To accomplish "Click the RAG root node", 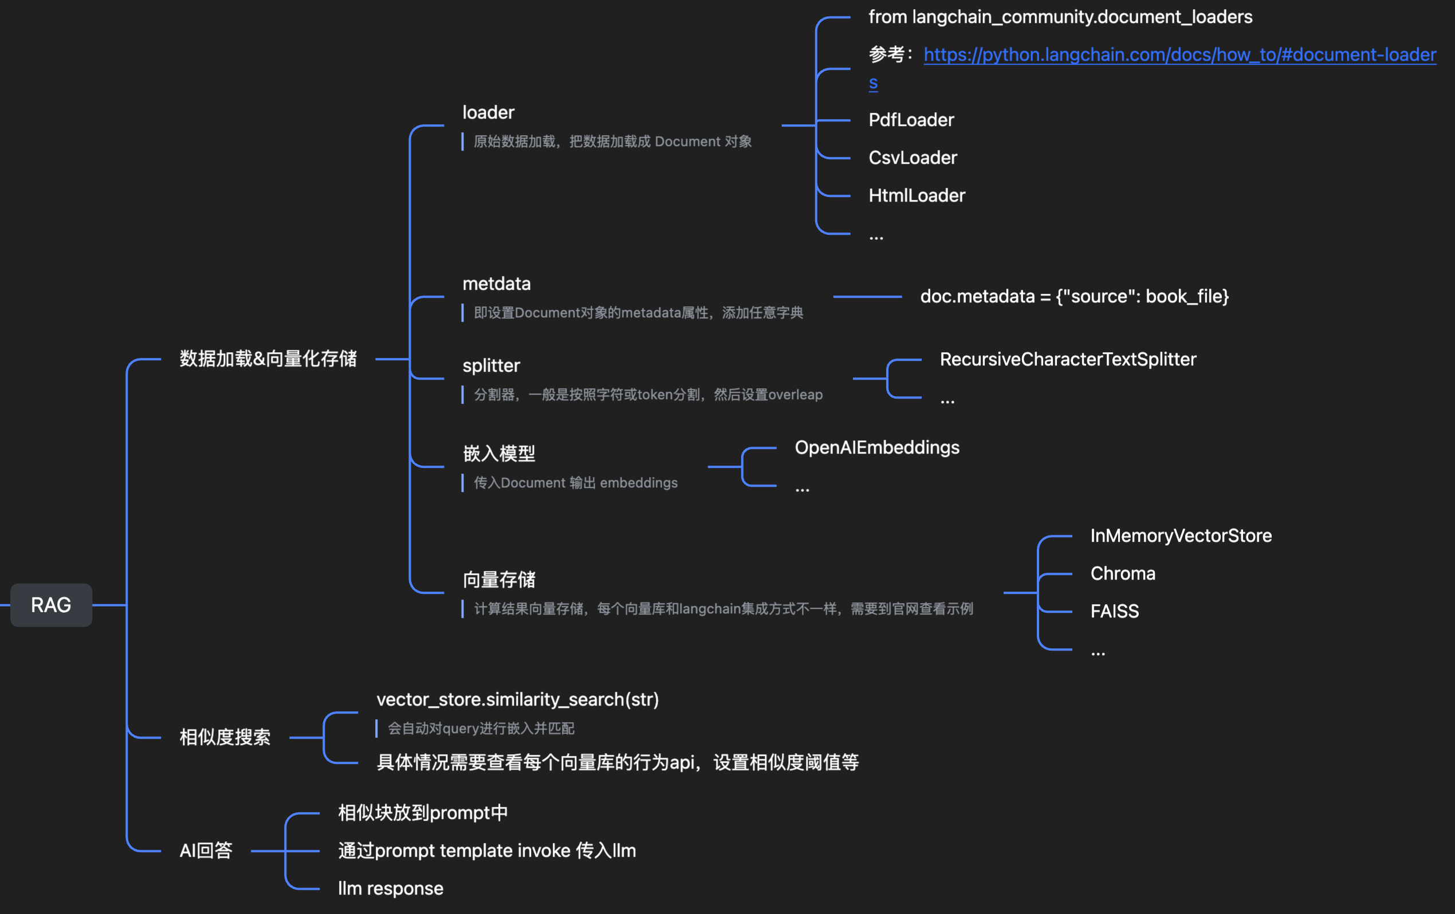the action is click(52, 605).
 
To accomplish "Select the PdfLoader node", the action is click(911, 120).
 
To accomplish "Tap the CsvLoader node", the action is click(913, 157).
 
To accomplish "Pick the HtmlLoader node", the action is click(917, 195).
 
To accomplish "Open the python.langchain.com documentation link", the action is click(1179, 55).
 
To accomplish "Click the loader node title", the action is click(488, 112).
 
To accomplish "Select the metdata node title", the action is click(497, 284).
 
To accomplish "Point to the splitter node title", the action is click(491, 365).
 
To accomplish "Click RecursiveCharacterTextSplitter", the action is click(1068, 360).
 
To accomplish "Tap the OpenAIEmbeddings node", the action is click(877, 448).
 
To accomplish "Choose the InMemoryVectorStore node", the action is click(1181, 536).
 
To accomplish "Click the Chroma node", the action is click(1123, 573).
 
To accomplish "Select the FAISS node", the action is click(1114, 612).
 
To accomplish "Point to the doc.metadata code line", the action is click(1074, 297).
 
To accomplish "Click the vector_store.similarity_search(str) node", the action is click(518, 700).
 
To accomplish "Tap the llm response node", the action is click(390, 889).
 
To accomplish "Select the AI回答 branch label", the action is click(206, 850).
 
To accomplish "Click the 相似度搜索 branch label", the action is click(225, 737).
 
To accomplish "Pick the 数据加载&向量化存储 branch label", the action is click(268, 359).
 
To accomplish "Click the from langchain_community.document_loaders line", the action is click(1060, 17).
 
